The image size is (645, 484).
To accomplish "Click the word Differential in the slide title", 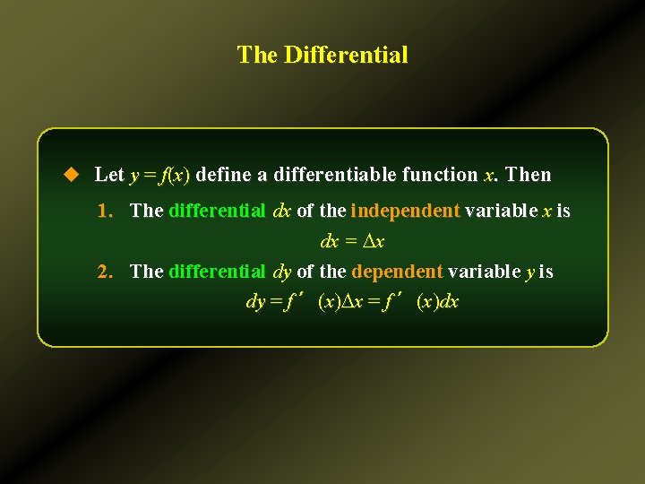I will [346, 56].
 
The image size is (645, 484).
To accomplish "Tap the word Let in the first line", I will [109, 175].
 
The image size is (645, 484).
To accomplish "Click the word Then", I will [529, 175].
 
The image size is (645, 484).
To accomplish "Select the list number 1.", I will [105, 212].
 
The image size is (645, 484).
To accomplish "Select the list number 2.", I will [105, 272].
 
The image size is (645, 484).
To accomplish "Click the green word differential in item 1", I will [217, 212].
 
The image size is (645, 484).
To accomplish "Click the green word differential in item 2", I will [217, 272].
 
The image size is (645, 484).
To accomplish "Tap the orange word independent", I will [405, 212].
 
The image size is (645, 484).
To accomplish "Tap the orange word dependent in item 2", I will [397, 272].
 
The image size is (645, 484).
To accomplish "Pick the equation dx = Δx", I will [352, 242].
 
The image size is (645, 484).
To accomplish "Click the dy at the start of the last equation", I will [255, 302].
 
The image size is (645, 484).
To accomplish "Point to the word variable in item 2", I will [484, 272].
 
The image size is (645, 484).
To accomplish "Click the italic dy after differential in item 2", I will [281, 272].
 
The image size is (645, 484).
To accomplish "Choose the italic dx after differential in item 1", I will [281, 212].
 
